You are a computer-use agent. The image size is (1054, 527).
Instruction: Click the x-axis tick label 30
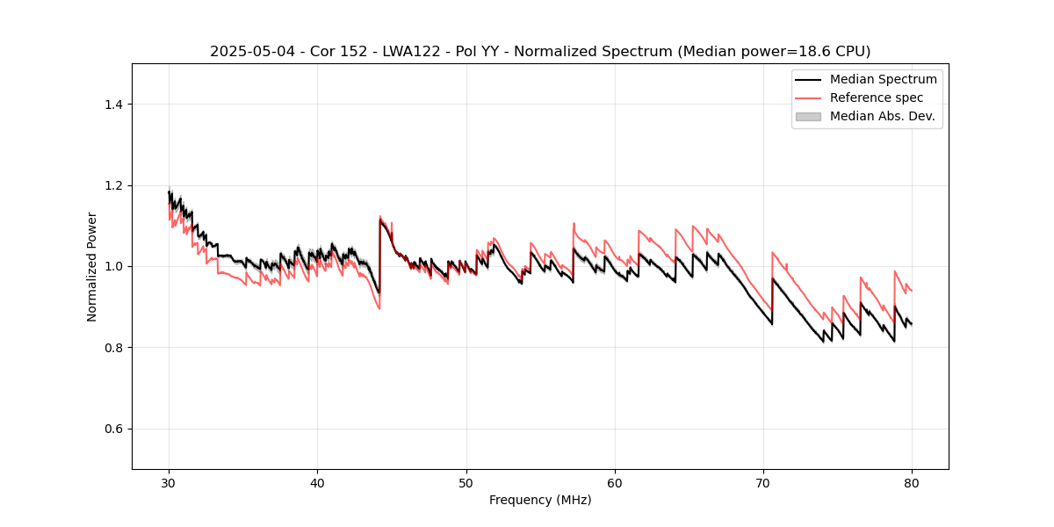pos(170,482)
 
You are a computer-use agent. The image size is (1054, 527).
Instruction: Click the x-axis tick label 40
pos(318,482)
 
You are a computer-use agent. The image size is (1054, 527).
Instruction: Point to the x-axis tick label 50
pos(466,482)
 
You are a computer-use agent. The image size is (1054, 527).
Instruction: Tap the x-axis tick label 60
pos(615,482)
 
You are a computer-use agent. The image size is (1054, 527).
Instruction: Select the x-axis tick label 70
pos(763,482)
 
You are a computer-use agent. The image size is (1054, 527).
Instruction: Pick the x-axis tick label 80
pos(912,482)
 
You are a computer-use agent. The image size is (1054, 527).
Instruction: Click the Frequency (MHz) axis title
pos(540,500)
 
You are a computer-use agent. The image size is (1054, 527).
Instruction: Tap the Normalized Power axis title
pos(92,266)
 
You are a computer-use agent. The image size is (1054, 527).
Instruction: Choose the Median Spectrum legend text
pos(883,79)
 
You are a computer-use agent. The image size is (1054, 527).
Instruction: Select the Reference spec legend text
pos(877,97)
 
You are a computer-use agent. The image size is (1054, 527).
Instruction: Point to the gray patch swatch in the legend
pos(808,116)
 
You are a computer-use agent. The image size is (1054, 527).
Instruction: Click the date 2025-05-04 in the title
pos(246,52)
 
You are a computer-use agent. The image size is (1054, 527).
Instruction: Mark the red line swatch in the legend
pos(808,97)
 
